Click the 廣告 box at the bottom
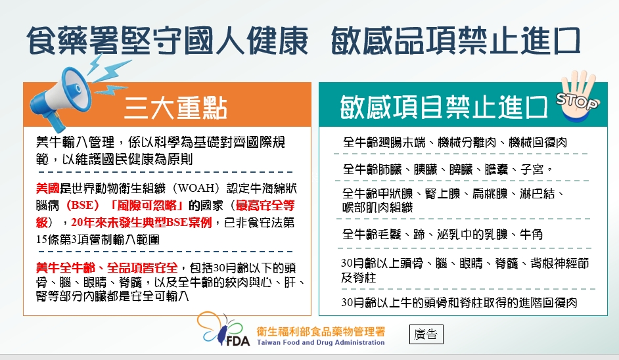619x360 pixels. point(426,334)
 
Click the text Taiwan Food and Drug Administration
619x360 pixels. point(321,342)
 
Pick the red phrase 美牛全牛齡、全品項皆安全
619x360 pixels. point(107,267)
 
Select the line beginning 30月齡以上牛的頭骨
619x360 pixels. point(459,303)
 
